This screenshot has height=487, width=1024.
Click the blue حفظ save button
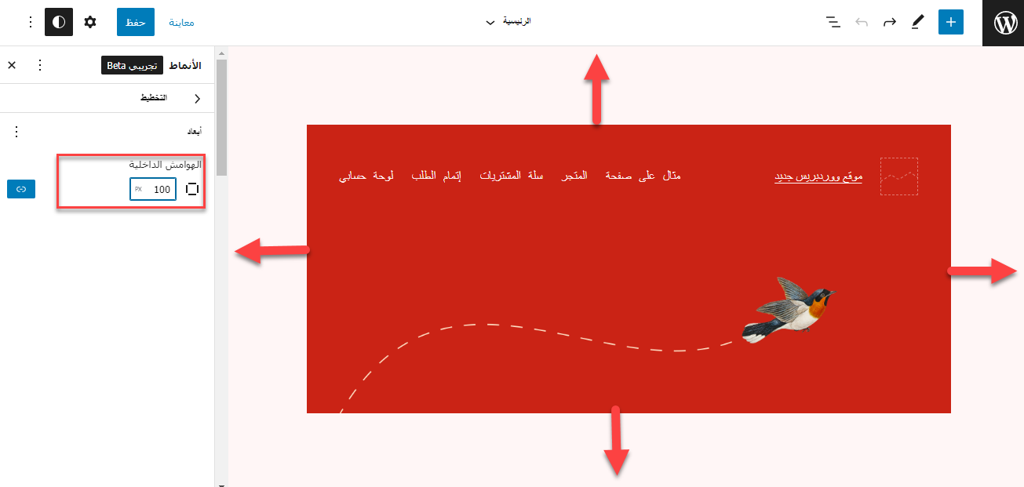point(135,22)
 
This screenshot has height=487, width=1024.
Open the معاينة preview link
point(181,23)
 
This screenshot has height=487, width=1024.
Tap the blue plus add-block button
point(951,22)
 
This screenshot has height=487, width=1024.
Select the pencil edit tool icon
point(917,22)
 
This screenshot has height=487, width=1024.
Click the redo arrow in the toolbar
point(890,22)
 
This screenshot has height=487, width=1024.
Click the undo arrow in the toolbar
point(862,22)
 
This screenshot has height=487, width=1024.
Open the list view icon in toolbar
point(833,22)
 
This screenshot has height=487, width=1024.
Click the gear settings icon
point(90,22)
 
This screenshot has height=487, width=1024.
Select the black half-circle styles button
point(59,22)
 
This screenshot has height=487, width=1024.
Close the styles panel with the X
point(12,65)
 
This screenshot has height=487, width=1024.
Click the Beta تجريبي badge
point(132,65)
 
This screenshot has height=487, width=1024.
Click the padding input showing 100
point(153,189)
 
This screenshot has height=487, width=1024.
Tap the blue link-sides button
point(21,189)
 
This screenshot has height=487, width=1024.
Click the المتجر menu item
point(574,176)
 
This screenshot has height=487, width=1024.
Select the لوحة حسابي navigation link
point(366,176)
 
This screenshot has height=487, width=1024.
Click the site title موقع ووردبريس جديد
point(818,176)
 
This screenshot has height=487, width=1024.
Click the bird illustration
point(789,310)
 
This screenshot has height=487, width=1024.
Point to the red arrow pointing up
point(596,89)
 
